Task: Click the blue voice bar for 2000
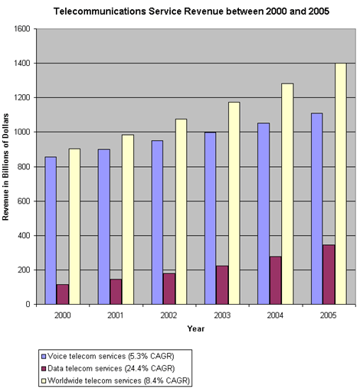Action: [51, 230]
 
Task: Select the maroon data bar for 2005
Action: [329, 275]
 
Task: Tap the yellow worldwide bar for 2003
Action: [234, 203]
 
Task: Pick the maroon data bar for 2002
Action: [169, 289]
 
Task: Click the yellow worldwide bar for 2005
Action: [341, 184]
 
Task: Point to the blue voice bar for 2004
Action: [263, 214]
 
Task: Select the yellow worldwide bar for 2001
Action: [128, 220]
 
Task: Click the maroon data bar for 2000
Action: [63, 294]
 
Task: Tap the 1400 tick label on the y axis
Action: [21, 63]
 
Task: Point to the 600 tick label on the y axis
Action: [24, 201]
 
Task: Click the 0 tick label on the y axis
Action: [28, 304]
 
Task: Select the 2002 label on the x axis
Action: [169, 315]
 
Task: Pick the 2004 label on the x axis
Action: [275, 315]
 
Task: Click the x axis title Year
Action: [196, 328]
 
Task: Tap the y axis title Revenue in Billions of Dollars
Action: [5, 167]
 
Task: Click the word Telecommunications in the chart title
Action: [100, 11]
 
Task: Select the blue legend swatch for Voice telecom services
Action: [44, 356]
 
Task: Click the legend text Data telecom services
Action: [85, 368]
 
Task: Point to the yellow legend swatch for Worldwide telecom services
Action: [44, 381]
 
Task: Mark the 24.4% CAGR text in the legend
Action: [149, 368]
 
